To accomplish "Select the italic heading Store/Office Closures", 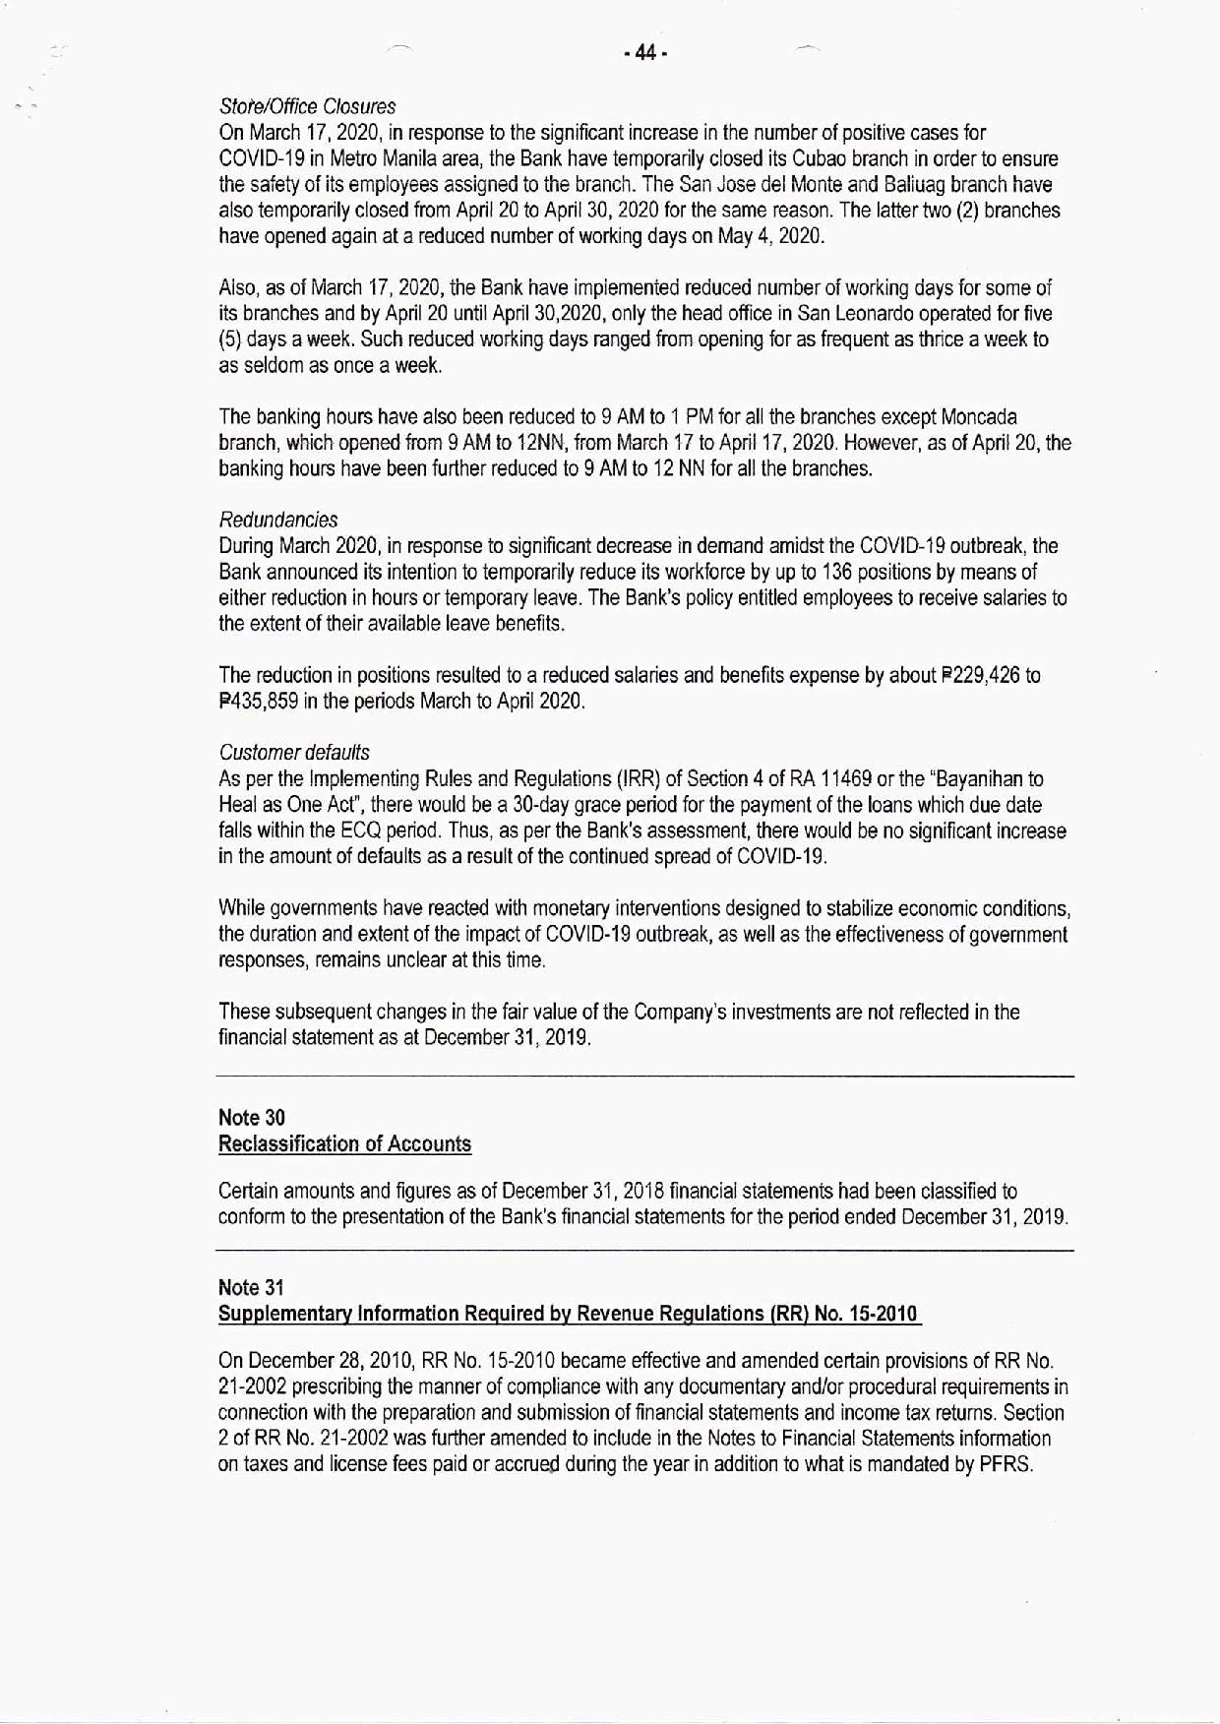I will coord(307,106).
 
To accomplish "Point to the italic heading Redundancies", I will coord(278,520).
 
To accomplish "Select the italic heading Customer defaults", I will coord(294,753).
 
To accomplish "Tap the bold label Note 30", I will coord(251,1118).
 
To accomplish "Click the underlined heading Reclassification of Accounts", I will coord(344,1143).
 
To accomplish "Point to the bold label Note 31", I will coord(251,1288).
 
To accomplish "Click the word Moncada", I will coord(979,417).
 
